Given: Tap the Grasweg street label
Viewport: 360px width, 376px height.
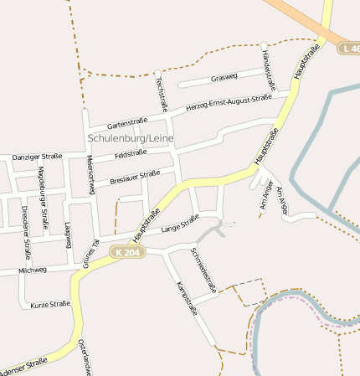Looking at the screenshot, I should click(x=224, y=78).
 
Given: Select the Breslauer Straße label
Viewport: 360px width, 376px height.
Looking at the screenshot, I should click(x=135, y=177).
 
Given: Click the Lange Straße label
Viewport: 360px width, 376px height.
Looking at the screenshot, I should click(x=180, y=222).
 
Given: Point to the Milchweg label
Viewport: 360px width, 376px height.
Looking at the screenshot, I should click(x=32, y=270).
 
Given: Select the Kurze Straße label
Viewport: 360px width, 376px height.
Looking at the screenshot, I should click(x=50, y=305).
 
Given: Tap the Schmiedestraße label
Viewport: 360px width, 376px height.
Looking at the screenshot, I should click(x=203, y=269).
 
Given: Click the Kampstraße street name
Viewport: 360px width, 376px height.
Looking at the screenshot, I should click(x=187, y=298).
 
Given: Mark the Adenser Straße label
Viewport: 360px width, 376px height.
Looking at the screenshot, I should click(x=23, y=366).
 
